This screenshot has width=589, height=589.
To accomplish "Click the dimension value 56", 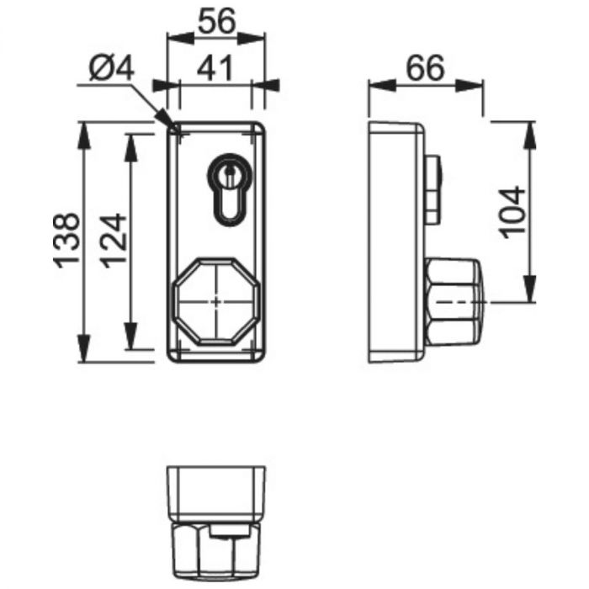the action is pyautogui.click(x=217, y=21).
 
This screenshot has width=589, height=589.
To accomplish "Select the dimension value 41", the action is pyautogui.click(x=215, y=69).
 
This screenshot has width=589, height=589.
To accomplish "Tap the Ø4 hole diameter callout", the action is pyautogui.click(x=112, y=68).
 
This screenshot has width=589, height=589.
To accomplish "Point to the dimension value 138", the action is pyautogui.click(x=67, y=241).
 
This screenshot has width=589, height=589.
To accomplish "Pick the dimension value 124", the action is pyautogui.click(x=114, y=241).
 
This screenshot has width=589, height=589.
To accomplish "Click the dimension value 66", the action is pyautogui.click(x=426, y=68).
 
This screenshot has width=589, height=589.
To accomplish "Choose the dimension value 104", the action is pyautogui.click(x=513, y=212).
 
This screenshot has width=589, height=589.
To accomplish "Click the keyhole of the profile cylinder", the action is pyautogui.click(x=229, y=189).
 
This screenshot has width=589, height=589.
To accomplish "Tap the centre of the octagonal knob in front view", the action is pyautogui.click(x=216, y=301).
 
